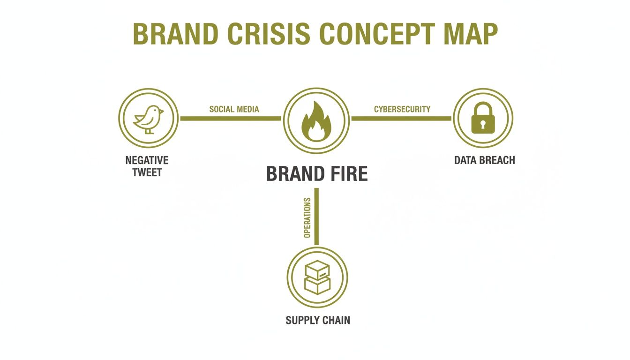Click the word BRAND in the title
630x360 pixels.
175,33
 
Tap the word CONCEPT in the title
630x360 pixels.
379,33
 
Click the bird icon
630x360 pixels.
148,119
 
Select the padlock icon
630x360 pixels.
483,119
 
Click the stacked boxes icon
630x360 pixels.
317,277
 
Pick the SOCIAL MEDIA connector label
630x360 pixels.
234,109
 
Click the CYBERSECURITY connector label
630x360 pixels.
402,109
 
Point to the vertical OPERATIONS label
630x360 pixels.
307,217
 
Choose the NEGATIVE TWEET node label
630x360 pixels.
147,166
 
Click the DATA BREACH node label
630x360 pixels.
484,160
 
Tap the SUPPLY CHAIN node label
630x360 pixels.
317,321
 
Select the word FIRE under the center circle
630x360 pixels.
346,174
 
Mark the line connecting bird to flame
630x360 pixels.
230,119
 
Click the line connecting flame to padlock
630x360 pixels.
401,119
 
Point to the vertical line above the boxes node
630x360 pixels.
316,216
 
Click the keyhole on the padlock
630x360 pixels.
483,125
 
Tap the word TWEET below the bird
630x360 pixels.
147,172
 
